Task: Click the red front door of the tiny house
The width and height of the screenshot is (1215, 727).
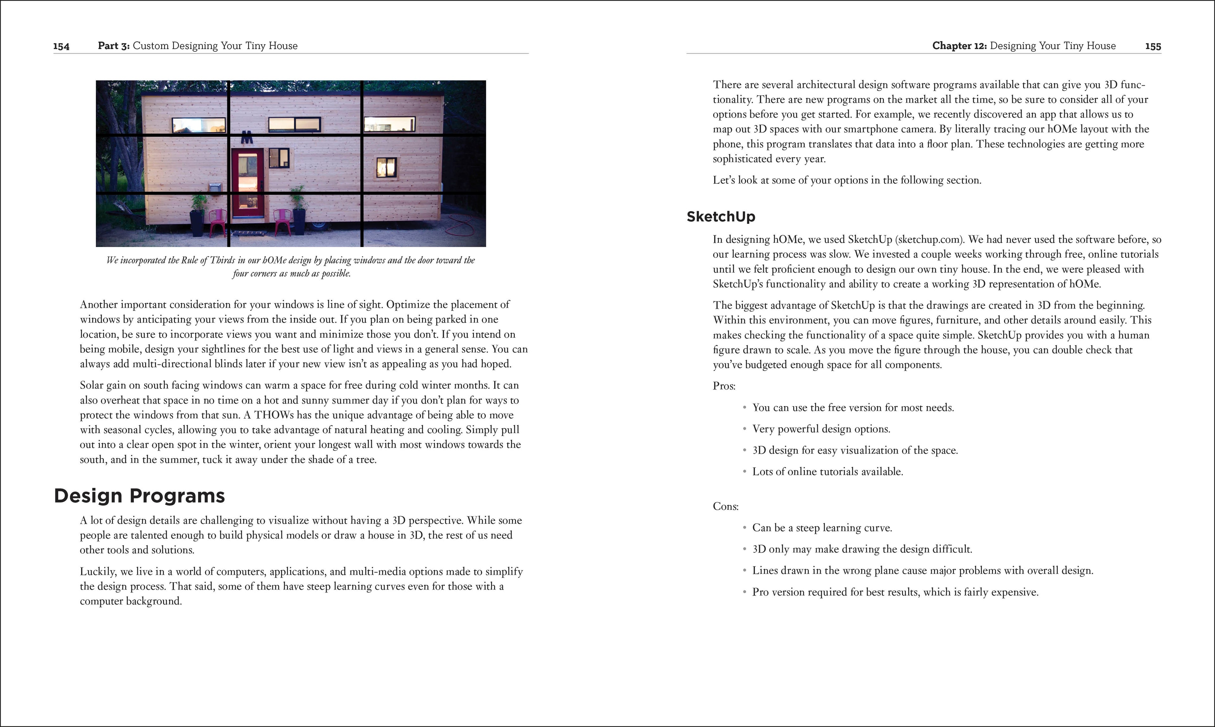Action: pos(247,184)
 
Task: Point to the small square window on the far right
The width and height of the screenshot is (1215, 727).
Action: pos(386,168)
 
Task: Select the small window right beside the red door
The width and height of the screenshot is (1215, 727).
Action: pos(278,158)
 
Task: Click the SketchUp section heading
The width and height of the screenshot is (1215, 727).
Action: pos(720,217)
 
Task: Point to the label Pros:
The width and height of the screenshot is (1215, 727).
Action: pos(724,386)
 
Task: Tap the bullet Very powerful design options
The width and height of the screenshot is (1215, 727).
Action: pos(821,429)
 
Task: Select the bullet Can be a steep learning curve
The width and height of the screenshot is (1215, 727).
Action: pos(822,528)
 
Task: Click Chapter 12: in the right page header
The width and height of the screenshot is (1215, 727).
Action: pos(959,46)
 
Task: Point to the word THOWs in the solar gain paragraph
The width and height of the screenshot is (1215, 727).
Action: pos(274,415)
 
